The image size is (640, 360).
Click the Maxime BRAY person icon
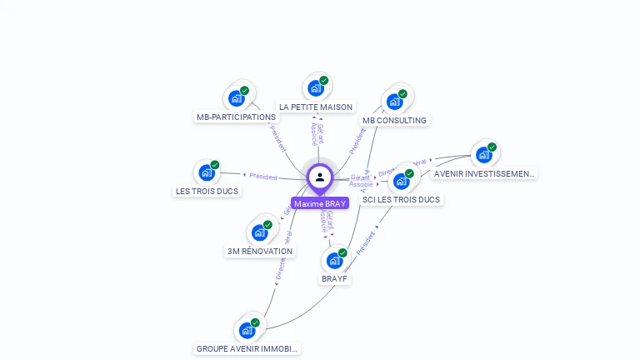[320, 177]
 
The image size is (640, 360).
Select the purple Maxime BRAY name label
[320, 203]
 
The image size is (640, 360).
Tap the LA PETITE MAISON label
[316, 107]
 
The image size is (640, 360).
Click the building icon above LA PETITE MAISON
[316, 87]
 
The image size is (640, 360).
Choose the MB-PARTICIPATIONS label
[236, 117]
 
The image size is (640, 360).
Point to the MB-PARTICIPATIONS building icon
[237, 97]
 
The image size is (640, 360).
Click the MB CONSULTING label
[394, 120]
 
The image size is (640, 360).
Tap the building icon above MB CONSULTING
[395, 101]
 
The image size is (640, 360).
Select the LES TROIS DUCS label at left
[207, 191]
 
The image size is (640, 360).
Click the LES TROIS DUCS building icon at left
[207, 172]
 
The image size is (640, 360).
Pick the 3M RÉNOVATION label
[260, 251]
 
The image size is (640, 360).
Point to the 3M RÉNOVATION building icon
[260, 232]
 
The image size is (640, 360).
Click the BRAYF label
[334, 279]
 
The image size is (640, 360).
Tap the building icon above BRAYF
[334, 260]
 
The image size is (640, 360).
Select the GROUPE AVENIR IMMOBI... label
[247, 348]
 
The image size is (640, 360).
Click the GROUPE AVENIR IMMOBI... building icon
[247, 330]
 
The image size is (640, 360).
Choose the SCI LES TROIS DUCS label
[401, 200]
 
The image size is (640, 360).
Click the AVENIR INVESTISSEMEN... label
[484, 173]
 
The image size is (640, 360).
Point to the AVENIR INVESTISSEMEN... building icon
[484, 154]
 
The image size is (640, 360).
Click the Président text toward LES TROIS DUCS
[263, 176]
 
